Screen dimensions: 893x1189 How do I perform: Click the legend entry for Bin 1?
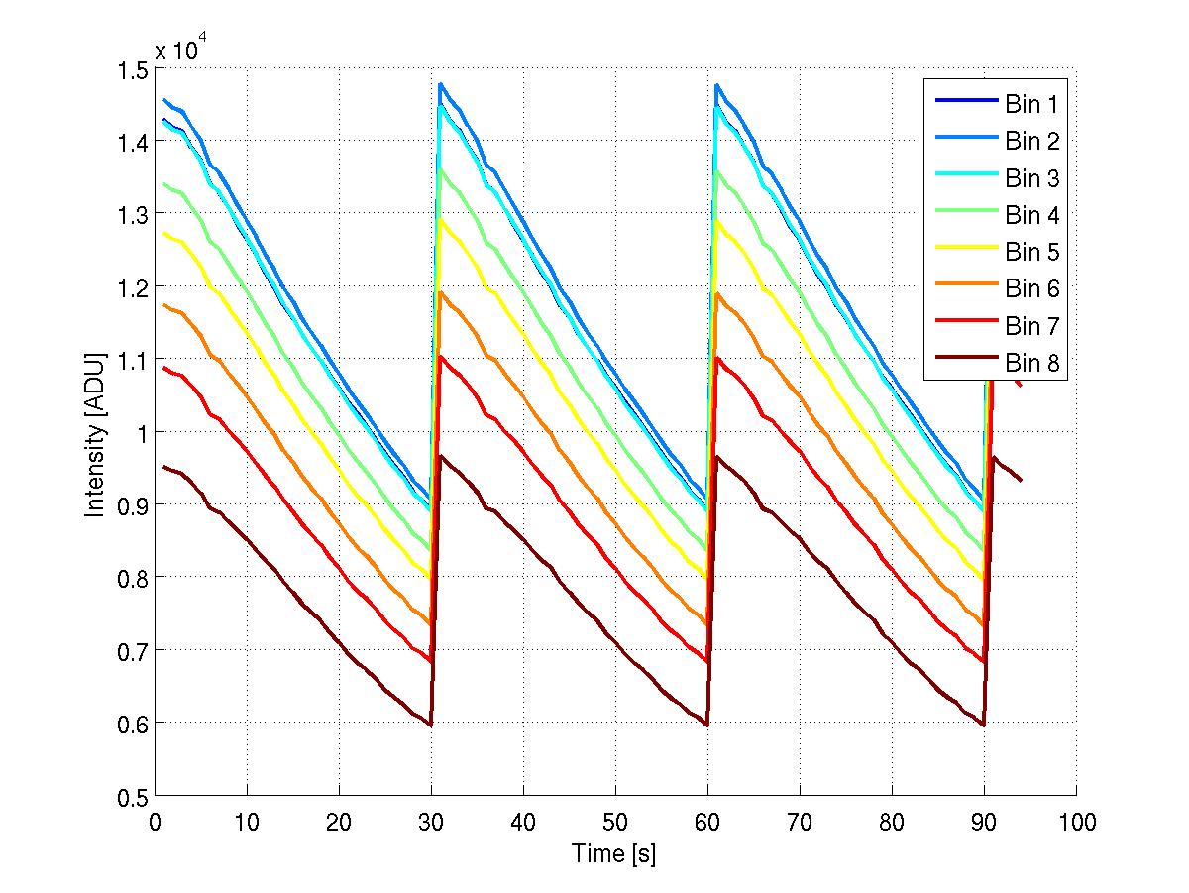click(x=1032, y=103)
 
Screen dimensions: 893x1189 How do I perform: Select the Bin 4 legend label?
click(x=1032, y=215)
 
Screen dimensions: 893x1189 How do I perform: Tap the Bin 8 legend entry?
click(x=1032, y=364)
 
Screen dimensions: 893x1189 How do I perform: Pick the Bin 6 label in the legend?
click(x=1032, y=289)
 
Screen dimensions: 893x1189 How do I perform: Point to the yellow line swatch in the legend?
click(x=963, y=252)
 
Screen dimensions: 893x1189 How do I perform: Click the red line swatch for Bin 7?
click(x=963, y=326)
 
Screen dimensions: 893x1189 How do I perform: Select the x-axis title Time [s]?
click(x=614, y=853)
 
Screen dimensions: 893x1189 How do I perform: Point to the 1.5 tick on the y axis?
click(x=130, y=68)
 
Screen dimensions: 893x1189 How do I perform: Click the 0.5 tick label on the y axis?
click(x=130, y=796)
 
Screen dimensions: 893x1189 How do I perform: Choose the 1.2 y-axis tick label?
click(x=130, y=286)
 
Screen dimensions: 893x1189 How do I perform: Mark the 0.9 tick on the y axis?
click(x=130, y=504)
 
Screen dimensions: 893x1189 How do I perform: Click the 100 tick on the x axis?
click(x=1076, y=823)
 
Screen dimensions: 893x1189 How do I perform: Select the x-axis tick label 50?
click(x=615, y=823)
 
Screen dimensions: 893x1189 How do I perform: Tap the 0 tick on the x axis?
click(x=156, y=823)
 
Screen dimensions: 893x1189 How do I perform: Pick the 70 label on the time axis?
click(x=800, y=823)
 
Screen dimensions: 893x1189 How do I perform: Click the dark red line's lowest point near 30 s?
click(x=431, y=726)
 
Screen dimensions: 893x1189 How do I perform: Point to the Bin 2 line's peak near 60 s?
click(x=716, y=85)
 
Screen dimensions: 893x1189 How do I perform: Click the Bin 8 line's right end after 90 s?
click(x=1021, y=480)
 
